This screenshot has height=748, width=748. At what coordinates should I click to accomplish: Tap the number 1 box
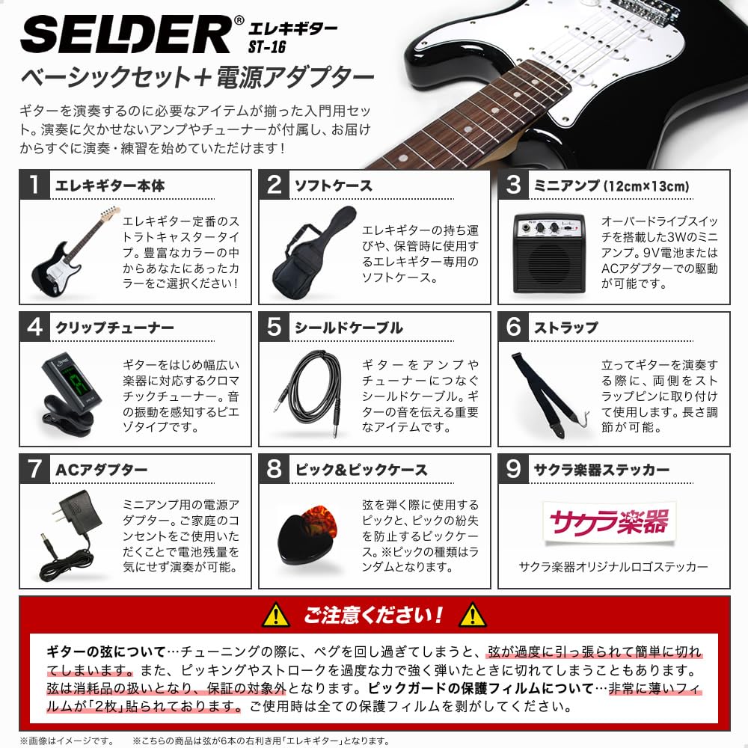click(x=34, y=185)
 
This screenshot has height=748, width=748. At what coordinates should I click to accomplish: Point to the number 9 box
click(x=512, y=469)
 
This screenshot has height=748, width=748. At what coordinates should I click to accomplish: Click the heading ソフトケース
click(x=333, y=186)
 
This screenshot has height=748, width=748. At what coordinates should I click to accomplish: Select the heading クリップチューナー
click(x=114, y=328)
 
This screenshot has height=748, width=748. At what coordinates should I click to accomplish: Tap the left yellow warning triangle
click(x=276, y=616)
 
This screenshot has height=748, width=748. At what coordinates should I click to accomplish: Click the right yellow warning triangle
click(x=473, y=616)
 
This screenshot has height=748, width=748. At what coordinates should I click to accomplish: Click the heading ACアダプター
click(x=102, y=470)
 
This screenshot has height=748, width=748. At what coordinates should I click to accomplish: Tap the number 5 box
click(x=274, y=327)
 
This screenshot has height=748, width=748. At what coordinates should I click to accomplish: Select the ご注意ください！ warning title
click(x=374, y=616)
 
